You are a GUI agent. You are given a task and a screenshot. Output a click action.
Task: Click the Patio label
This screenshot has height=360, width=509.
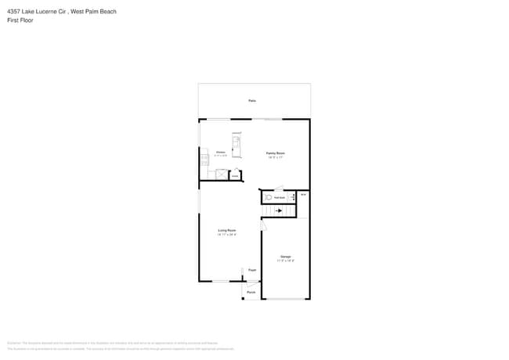[x=252, y=101]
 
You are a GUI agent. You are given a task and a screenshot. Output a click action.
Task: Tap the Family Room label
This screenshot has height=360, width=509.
[x=275, y=153]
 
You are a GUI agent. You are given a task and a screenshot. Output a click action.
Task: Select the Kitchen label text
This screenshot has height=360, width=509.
[x=221, y=152]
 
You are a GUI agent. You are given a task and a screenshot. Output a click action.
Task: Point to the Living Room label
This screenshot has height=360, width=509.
[x=227, y=230]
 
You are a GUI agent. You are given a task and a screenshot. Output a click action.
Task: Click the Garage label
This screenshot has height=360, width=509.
[x=286, y=257]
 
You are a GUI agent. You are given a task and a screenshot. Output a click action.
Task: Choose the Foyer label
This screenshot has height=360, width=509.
[x=252, y=270]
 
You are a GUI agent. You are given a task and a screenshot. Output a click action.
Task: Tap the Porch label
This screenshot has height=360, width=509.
[x=251, y=293]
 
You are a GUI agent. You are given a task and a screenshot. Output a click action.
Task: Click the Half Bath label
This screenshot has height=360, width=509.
[x=279, y=198]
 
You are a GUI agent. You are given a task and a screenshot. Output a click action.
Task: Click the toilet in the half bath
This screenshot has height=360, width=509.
[x=268, y=198]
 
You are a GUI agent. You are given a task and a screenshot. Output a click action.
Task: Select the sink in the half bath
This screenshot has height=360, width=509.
[x=291, y=198]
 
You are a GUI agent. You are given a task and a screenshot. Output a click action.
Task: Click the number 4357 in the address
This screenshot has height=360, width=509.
[x=13, y=12]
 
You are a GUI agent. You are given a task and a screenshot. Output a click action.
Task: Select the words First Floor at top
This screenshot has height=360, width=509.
[x=20, y=20]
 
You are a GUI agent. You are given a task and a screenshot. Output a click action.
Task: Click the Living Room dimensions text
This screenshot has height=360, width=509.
[x=227, y=234]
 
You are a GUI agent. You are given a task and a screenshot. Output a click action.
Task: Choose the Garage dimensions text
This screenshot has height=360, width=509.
[x=286, y=261]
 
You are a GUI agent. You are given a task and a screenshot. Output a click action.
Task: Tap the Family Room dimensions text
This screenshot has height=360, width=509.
[x=275, y=157]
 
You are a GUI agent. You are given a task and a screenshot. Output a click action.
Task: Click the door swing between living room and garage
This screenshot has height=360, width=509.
[x=263, y=225]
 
